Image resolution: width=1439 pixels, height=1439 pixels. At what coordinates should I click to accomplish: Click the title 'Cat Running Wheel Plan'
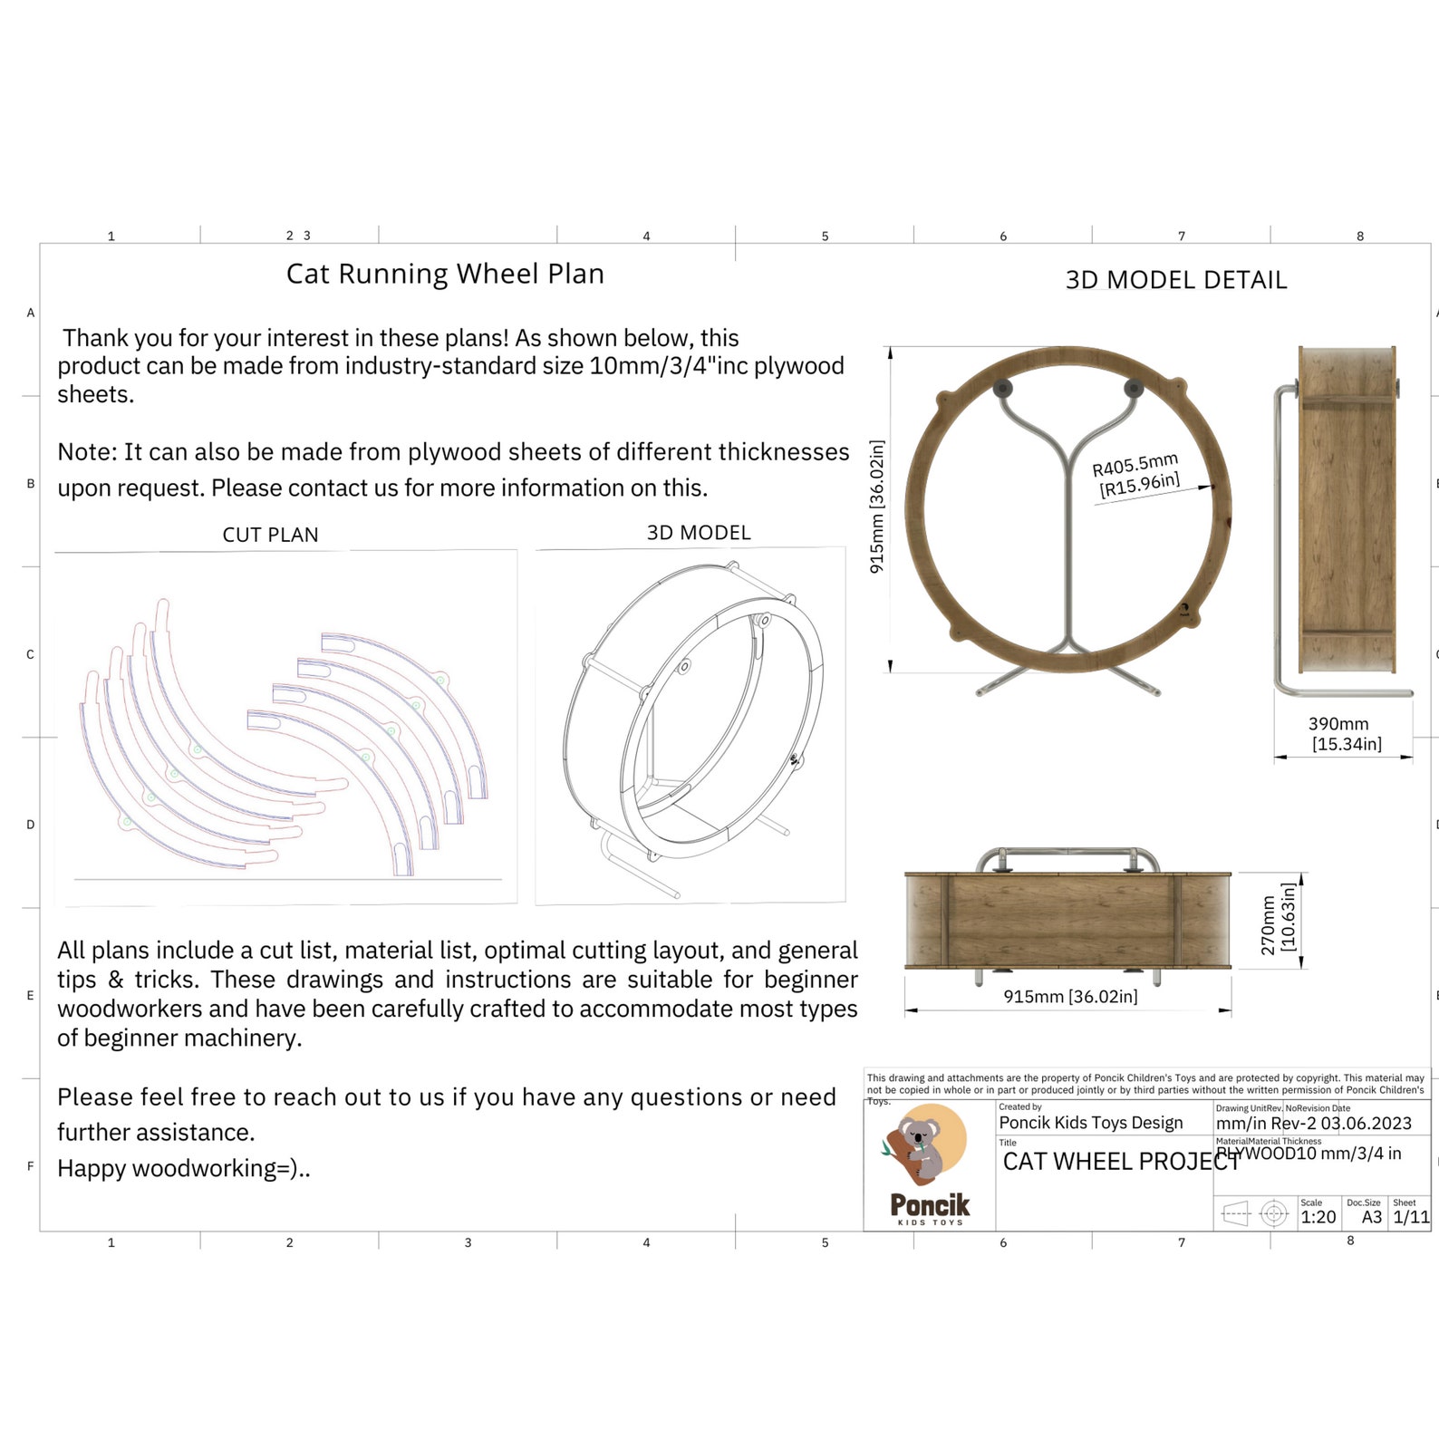point(445,274)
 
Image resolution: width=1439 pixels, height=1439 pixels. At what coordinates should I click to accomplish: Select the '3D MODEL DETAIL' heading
point(1175,280)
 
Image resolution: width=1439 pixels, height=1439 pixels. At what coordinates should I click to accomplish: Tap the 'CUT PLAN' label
point(270,535)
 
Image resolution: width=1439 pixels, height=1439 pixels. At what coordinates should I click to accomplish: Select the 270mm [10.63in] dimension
point(1278,920)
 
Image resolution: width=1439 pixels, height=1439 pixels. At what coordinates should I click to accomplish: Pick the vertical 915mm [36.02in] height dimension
point(876,507)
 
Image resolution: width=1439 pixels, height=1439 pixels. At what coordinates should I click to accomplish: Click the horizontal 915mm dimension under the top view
point(1070,997)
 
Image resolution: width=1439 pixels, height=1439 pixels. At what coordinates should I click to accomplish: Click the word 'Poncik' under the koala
point(930,1204)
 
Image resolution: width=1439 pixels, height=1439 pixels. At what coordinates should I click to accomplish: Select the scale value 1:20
point(1318,1217)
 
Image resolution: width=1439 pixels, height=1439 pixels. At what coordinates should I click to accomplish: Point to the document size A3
point(1372,1217)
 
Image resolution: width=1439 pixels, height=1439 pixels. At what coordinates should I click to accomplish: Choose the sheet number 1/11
point(1411,1217)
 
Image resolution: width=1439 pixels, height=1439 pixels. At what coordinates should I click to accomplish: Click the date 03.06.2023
point(1366,1124)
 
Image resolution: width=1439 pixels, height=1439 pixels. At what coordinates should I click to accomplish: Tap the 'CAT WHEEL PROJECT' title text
point(1120,1162)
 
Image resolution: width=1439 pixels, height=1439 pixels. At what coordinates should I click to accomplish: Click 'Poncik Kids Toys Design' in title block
point(1091,1123)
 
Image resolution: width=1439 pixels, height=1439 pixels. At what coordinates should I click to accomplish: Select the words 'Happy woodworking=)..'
point(184,1168)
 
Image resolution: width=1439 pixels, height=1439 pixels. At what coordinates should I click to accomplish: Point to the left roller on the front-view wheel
point(1002,389)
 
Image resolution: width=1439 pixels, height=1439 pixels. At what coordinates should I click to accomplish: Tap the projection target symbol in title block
point(1274,1212)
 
